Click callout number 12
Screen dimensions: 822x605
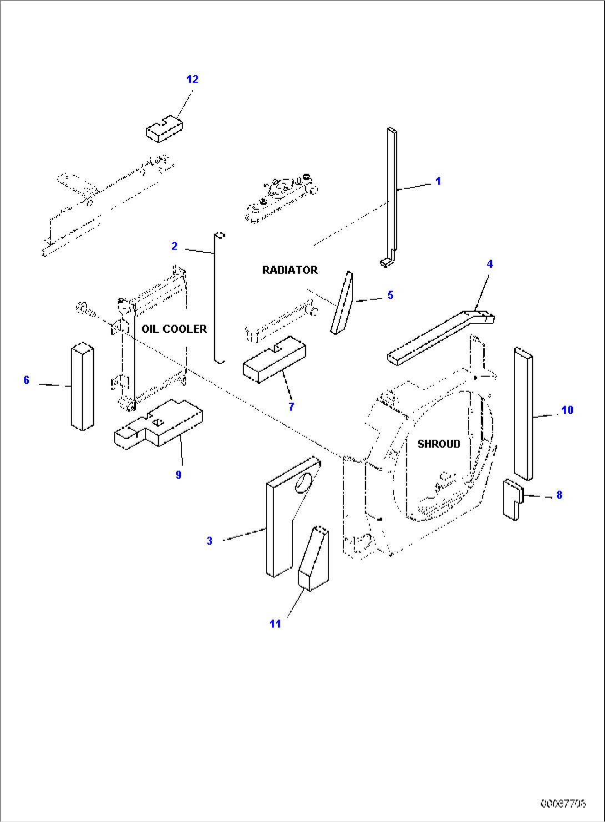tap(192, 79)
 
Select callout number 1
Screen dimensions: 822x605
tap(438, 181)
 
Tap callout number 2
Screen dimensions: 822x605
tap(174, 246)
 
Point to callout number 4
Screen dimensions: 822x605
tap(490, 264)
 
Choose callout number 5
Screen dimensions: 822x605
tap(390, 295)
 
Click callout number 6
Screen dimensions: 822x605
tap(26, 380)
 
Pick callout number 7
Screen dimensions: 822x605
tap(291, 407)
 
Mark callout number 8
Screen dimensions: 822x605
tap(559, 495)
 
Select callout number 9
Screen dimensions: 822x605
tap(178, 475)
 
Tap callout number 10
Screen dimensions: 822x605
tap(567, 410)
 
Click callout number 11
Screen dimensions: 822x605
tap(275, 624)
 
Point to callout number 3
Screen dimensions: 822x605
tap(209, 540)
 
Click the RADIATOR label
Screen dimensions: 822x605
tap(290, 270)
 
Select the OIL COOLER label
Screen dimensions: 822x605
tap(174, 329)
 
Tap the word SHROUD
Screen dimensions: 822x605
tap(438, 444)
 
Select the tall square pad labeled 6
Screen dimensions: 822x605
tap(82, 387)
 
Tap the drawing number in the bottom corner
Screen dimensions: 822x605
tap(563, 803)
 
